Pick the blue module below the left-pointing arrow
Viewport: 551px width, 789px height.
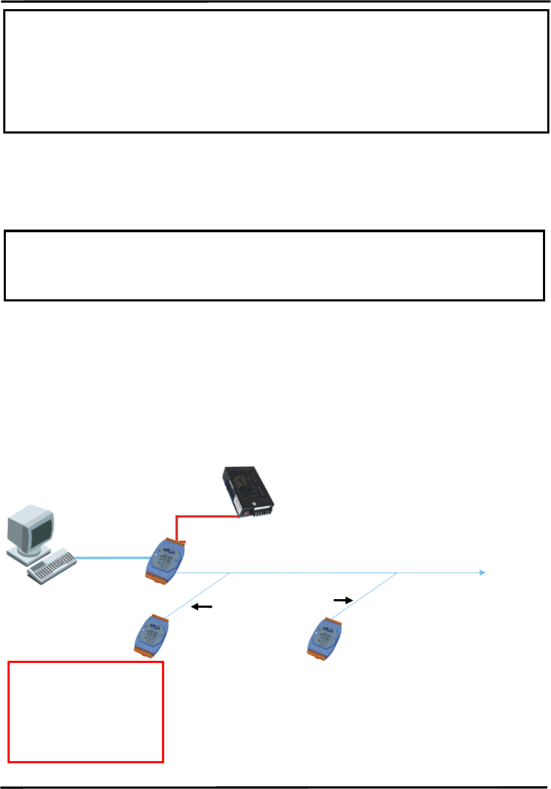point(151,636)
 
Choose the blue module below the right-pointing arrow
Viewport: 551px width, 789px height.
point(325,638)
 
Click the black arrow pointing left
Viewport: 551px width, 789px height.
point(202,607)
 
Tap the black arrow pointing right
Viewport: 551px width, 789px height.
point(343,600)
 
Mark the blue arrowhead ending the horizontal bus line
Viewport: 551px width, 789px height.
point(482,573)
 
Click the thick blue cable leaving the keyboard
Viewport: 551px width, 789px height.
point(113,558)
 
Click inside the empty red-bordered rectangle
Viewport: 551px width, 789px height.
point(86,712)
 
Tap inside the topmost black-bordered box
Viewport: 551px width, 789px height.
point(276,71)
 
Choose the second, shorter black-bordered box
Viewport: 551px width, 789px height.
point(274,266)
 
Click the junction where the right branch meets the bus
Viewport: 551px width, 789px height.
point(397,573)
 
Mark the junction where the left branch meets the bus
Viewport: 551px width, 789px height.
point(230,573)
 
